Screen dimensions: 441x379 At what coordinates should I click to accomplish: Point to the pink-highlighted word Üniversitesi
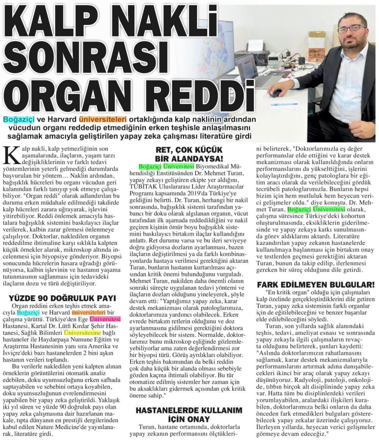point(104,319)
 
